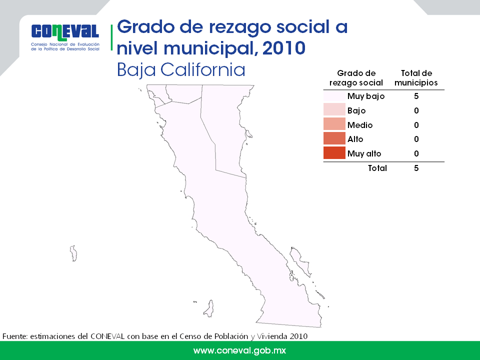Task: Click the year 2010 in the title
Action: click(x=284, y=48)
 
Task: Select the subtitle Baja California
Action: click(x=181, y=70)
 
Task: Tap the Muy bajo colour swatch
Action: click(x=334, y=96)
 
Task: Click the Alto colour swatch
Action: click(x=334, y=138)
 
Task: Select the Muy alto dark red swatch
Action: click(x=334, y=153)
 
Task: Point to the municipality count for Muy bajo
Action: click(x=416, y=96)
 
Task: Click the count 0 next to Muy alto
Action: click(x=416, y=153)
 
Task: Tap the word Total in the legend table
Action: click(x=377, y=168)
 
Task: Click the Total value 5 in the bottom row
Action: click(x=416, y=168)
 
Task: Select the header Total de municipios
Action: click(x=416, y=78)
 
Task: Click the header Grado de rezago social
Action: click(x=356, y=78)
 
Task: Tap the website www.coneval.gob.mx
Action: click(x=239, y=350)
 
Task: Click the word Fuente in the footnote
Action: click(x=14, y=336)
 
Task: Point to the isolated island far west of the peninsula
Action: click(x=73, y=253)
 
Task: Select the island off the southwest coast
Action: click(x=209, y=308)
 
